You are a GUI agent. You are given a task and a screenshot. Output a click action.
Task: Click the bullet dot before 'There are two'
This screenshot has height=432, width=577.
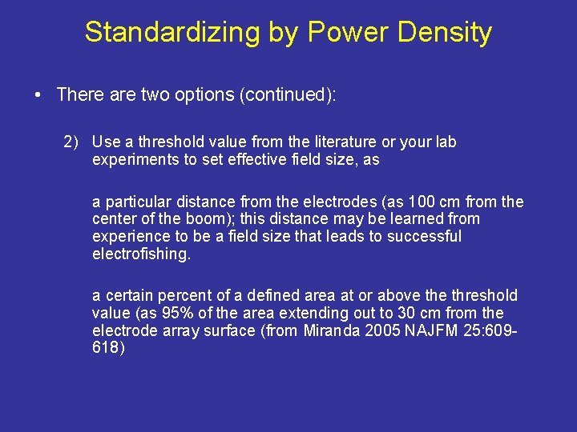[x=38, y=95]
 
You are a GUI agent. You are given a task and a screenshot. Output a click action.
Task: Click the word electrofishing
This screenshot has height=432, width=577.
[x=141, y=254]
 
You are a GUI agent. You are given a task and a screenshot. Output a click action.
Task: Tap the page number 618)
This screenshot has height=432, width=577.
[x=108, y=348]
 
